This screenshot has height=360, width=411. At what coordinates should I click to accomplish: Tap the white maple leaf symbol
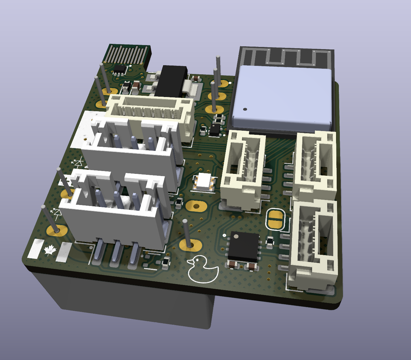pos(50,251)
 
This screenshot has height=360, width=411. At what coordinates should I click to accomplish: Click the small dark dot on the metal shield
pos(245,109)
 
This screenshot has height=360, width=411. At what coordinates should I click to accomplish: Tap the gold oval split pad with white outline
pos(275,219)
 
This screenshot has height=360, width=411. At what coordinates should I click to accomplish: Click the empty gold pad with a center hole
pos(196,206)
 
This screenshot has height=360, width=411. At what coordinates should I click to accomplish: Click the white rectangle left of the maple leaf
pos(36,249)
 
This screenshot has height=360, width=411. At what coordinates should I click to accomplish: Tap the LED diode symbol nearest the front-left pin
pos(57,213)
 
